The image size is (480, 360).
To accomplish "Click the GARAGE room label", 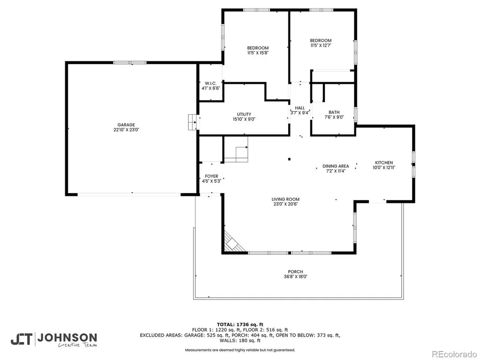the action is (126, 125).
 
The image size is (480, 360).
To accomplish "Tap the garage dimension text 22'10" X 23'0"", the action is (126, 130).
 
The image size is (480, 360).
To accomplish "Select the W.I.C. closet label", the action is (210, 83).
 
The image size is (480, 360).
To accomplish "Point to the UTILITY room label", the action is (244, 114).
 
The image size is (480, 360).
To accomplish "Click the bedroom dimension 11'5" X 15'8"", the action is (258, 52).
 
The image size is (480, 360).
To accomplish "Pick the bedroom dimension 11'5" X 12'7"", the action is (321, 45).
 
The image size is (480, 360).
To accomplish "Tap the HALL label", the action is (300, 108).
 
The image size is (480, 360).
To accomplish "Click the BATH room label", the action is (334, 112).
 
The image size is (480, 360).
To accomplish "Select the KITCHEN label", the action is (384, 163).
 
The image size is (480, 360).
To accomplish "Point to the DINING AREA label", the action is (336, 166).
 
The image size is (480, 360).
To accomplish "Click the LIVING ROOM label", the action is (285, 199).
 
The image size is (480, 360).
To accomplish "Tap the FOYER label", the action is (211, 176).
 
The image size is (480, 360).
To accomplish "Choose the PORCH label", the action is (295, 271).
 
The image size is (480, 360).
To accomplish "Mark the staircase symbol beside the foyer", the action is (236, 150).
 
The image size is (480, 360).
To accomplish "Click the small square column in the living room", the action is (289, 159).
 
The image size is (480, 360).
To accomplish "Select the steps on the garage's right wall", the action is (193, 122).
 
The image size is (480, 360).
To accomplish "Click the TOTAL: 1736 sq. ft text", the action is (240, 324).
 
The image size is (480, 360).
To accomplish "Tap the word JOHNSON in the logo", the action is (67, 338).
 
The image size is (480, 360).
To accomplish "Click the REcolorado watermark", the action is (454, 354).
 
